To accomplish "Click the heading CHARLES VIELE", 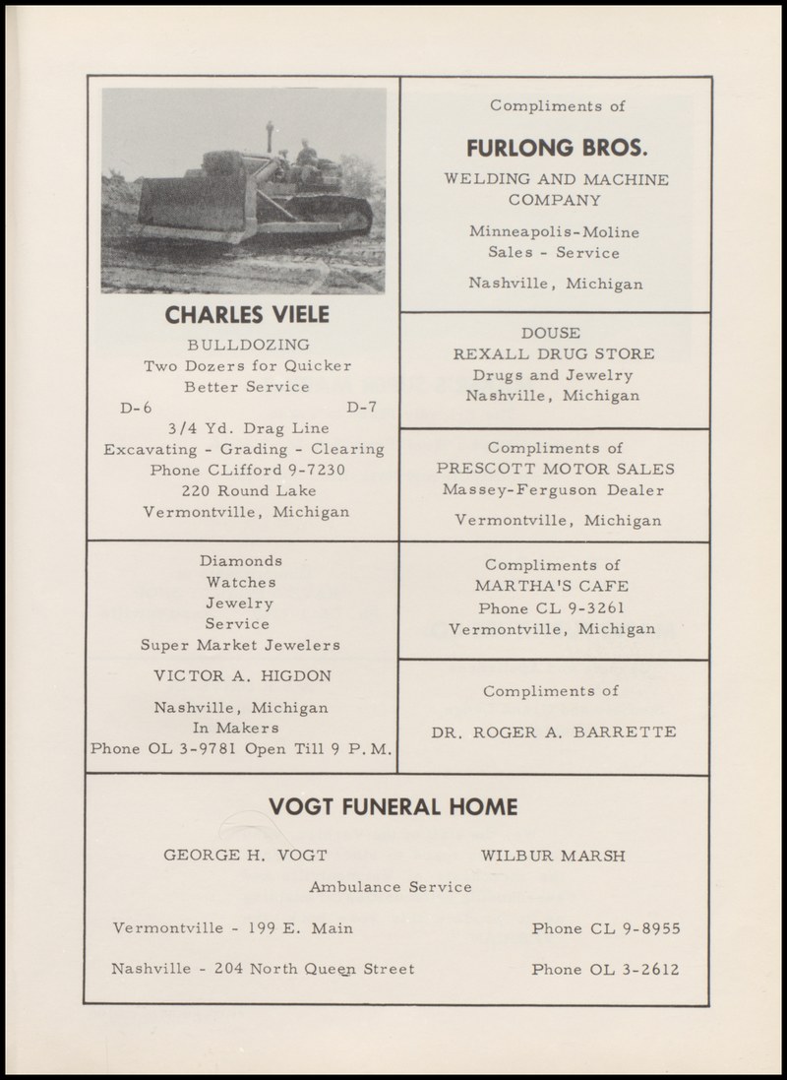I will [247, 316].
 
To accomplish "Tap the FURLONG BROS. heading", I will [556, 149].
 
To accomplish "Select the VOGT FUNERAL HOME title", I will [393, 807].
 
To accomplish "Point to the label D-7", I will [362, 408].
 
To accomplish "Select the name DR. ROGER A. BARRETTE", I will [554, 731].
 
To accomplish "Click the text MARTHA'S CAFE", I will [551, 587].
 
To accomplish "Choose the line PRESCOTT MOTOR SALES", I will [556, 469].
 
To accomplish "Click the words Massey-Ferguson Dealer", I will [554, 489].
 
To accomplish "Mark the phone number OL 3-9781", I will [188, 748].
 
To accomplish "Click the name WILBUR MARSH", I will [552, 855].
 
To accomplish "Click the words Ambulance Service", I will [391, 887].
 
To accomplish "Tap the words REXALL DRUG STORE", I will [554, 353].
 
